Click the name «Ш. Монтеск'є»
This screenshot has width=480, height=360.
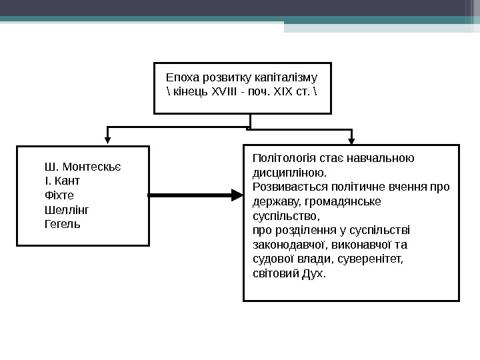[87, 167]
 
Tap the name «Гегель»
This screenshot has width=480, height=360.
[62, 224]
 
